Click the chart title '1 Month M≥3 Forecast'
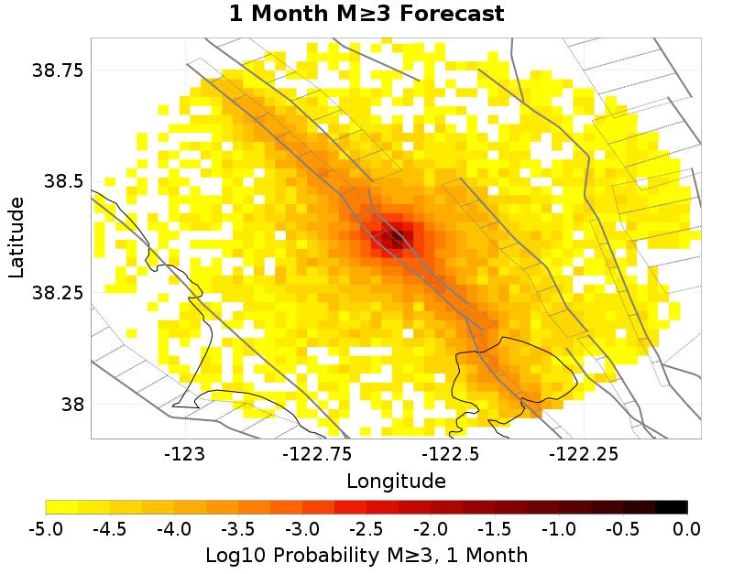point(366,15)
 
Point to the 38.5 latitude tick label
point(64,181)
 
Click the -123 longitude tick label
point(186,453)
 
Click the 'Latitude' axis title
point(16,236)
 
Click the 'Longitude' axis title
point(396,481)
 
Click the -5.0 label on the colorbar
point(46,528)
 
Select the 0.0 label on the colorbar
point(686,528)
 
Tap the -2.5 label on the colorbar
point(366,528)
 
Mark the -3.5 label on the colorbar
point(238,528)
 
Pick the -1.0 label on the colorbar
point(559,528)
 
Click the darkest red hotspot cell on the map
point(395,240)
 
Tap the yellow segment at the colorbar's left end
point(61,507)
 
